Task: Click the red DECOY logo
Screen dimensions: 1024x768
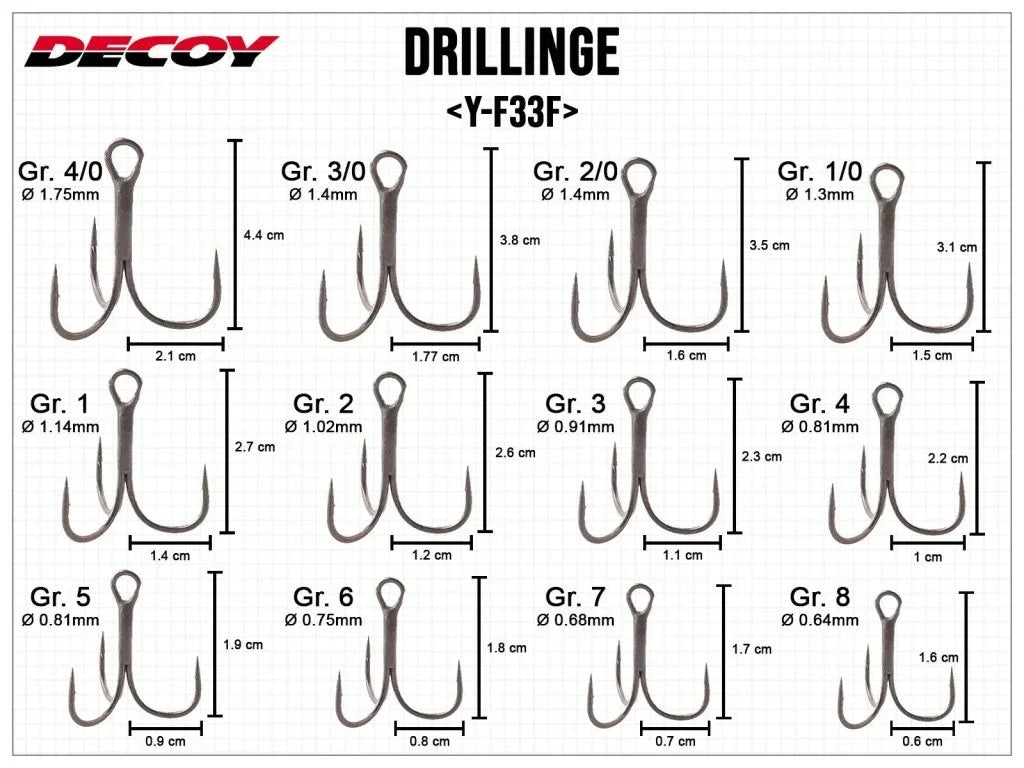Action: click(x=152, y=51)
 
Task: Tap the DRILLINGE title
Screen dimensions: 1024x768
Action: click(x=512, y=52)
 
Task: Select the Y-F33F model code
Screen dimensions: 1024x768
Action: click(x=512, y=112)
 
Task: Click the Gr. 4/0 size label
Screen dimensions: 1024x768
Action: click(x=61, y=171)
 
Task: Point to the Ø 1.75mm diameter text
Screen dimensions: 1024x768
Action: click(x=60, y=194)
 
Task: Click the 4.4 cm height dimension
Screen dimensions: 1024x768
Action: click(x=264, y=235)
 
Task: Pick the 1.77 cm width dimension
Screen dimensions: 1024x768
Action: click(x=436, y=357)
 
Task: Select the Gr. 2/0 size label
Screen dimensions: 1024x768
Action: click(x=575, y=171)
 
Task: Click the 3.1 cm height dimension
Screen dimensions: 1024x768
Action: click(x=957, y=247)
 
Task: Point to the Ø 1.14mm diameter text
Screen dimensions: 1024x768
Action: click(x=60, y=427)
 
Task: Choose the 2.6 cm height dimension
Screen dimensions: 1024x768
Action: click(x=515, y=453)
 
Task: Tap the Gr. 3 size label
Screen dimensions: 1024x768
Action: click(x=575, y=404)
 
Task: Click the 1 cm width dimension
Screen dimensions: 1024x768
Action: click(x=927, y=557)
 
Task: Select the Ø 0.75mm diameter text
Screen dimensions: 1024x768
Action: click(x=323, y=620)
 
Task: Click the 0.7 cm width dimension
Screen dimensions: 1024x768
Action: click(x=675, y=741)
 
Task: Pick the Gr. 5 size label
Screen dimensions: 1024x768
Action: click(x=60, y=597)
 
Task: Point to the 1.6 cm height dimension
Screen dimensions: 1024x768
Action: click(x=938, y=658)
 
